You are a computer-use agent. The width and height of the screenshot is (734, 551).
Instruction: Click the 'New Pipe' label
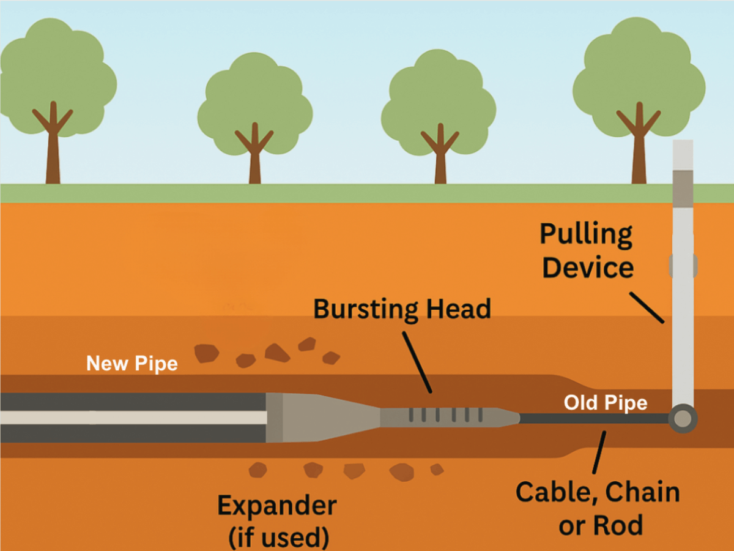tap(132, 364)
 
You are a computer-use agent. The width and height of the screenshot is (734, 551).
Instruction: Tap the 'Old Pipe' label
tap(605, 403)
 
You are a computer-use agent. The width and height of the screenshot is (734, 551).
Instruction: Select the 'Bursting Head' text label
tap(402, 309)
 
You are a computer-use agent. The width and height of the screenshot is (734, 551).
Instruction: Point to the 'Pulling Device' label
tap(587, 251)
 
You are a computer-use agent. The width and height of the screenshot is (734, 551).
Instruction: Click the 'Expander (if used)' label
tap(277, 520)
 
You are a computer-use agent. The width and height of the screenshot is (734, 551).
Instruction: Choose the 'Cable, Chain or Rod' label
tap(598, 508)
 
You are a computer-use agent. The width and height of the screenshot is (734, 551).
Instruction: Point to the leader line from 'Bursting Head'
tap(418, 361)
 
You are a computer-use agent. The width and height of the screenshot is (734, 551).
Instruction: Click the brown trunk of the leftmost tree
tap(53, 153)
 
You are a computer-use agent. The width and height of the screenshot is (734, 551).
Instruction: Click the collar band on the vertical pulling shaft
tap(683, 265)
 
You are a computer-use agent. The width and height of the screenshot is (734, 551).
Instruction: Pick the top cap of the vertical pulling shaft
tap(683, 154)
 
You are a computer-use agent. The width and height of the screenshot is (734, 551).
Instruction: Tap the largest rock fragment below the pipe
tap(402, 471)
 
